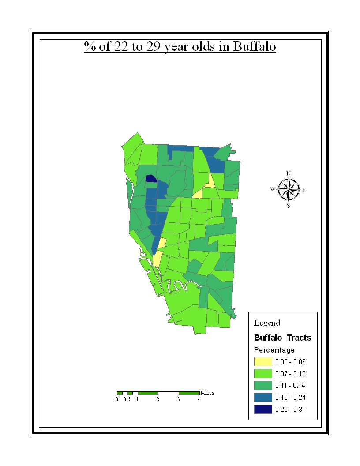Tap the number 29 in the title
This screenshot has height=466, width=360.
click(154, 47)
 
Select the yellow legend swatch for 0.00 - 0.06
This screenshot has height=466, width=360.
click(263, 362)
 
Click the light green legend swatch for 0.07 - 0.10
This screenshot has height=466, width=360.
click(263, 374)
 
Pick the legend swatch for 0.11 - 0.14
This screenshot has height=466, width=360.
click(263, 386)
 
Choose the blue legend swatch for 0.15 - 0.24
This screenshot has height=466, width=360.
click(263, 398)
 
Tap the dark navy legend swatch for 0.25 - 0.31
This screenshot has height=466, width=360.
click(263, 410)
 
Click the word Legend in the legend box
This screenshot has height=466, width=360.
click(267, 323)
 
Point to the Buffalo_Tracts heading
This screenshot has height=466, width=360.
click(282, 338)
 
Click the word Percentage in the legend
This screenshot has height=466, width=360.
click(274, 350)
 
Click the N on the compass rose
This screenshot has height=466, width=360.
click(289, 173)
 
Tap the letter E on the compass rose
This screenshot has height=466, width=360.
click(304, 190)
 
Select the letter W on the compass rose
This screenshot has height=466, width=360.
click(273, 190)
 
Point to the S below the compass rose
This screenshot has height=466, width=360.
click(289, 206)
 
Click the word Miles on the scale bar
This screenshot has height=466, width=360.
click(207, 392)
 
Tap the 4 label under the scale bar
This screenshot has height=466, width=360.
click(199, 399)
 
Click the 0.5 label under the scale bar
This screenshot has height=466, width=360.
click(127, 399)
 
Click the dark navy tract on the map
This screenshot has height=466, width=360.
click(151, 179)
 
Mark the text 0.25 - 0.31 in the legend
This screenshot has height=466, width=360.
click(290, 410)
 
